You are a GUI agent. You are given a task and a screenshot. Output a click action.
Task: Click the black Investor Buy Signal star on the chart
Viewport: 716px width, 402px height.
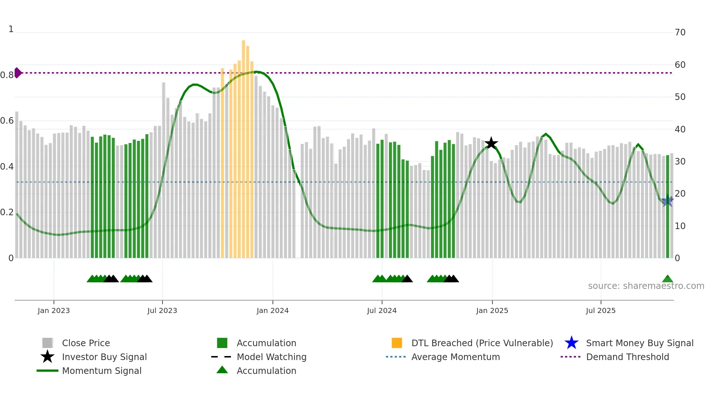491,143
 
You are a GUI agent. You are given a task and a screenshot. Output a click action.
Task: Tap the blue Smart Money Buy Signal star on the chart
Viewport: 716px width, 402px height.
667,201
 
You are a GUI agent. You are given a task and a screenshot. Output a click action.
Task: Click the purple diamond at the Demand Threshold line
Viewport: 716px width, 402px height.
18,73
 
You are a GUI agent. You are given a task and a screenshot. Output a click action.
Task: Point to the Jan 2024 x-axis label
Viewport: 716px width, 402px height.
273,310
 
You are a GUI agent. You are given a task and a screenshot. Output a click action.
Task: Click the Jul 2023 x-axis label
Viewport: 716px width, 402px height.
162,310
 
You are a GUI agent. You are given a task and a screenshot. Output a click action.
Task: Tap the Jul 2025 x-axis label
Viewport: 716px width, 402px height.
601,310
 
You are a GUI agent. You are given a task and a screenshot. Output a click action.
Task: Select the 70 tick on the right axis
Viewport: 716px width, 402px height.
680,32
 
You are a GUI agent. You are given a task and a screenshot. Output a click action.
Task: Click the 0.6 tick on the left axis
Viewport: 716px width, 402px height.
7,121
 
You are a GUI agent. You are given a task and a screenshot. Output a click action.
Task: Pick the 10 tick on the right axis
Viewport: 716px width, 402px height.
680,226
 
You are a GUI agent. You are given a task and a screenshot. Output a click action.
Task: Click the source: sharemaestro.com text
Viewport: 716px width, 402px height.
646,286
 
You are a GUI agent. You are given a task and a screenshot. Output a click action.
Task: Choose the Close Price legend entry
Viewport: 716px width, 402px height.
85,343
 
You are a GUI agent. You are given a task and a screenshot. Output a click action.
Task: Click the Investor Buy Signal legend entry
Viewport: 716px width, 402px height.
104,357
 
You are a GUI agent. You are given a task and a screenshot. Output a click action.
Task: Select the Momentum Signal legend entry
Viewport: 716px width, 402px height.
102,371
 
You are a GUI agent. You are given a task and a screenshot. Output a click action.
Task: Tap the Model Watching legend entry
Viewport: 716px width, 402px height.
271,357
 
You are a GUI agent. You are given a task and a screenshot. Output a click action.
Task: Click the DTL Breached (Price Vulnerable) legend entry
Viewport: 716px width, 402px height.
482,343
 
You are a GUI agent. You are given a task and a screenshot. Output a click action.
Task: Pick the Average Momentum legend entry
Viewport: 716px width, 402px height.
456,357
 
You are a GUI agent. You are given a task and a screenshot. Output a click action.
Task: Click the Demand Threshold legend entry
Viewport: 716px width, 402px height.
627,357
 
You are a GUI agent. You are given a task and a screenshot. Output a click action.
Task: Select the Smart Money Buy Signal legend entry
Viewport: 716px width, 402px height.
639,343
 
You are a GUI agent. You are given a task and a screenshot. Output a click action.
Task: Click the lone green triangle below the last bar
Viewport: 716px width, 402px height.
667,279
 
